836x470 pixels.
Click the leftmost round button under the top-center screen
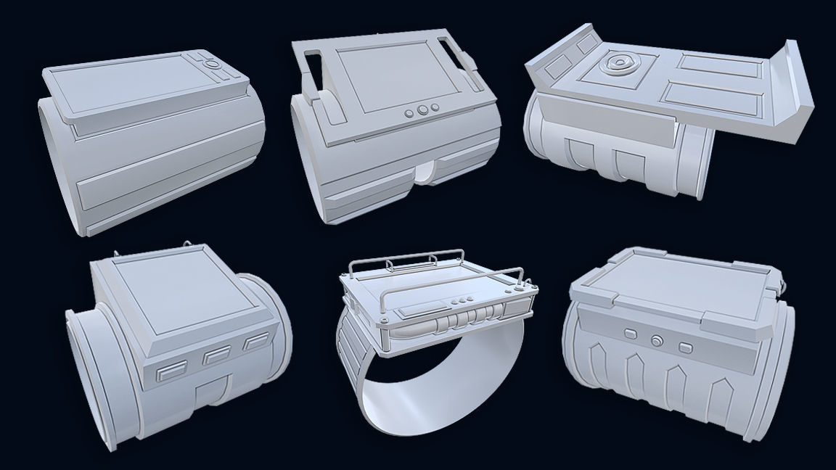tap(408, 113)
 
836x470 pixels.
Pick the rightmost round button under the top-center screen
tap(435, 109)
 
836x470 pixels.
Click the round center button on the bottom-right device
tap(657, 339)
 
